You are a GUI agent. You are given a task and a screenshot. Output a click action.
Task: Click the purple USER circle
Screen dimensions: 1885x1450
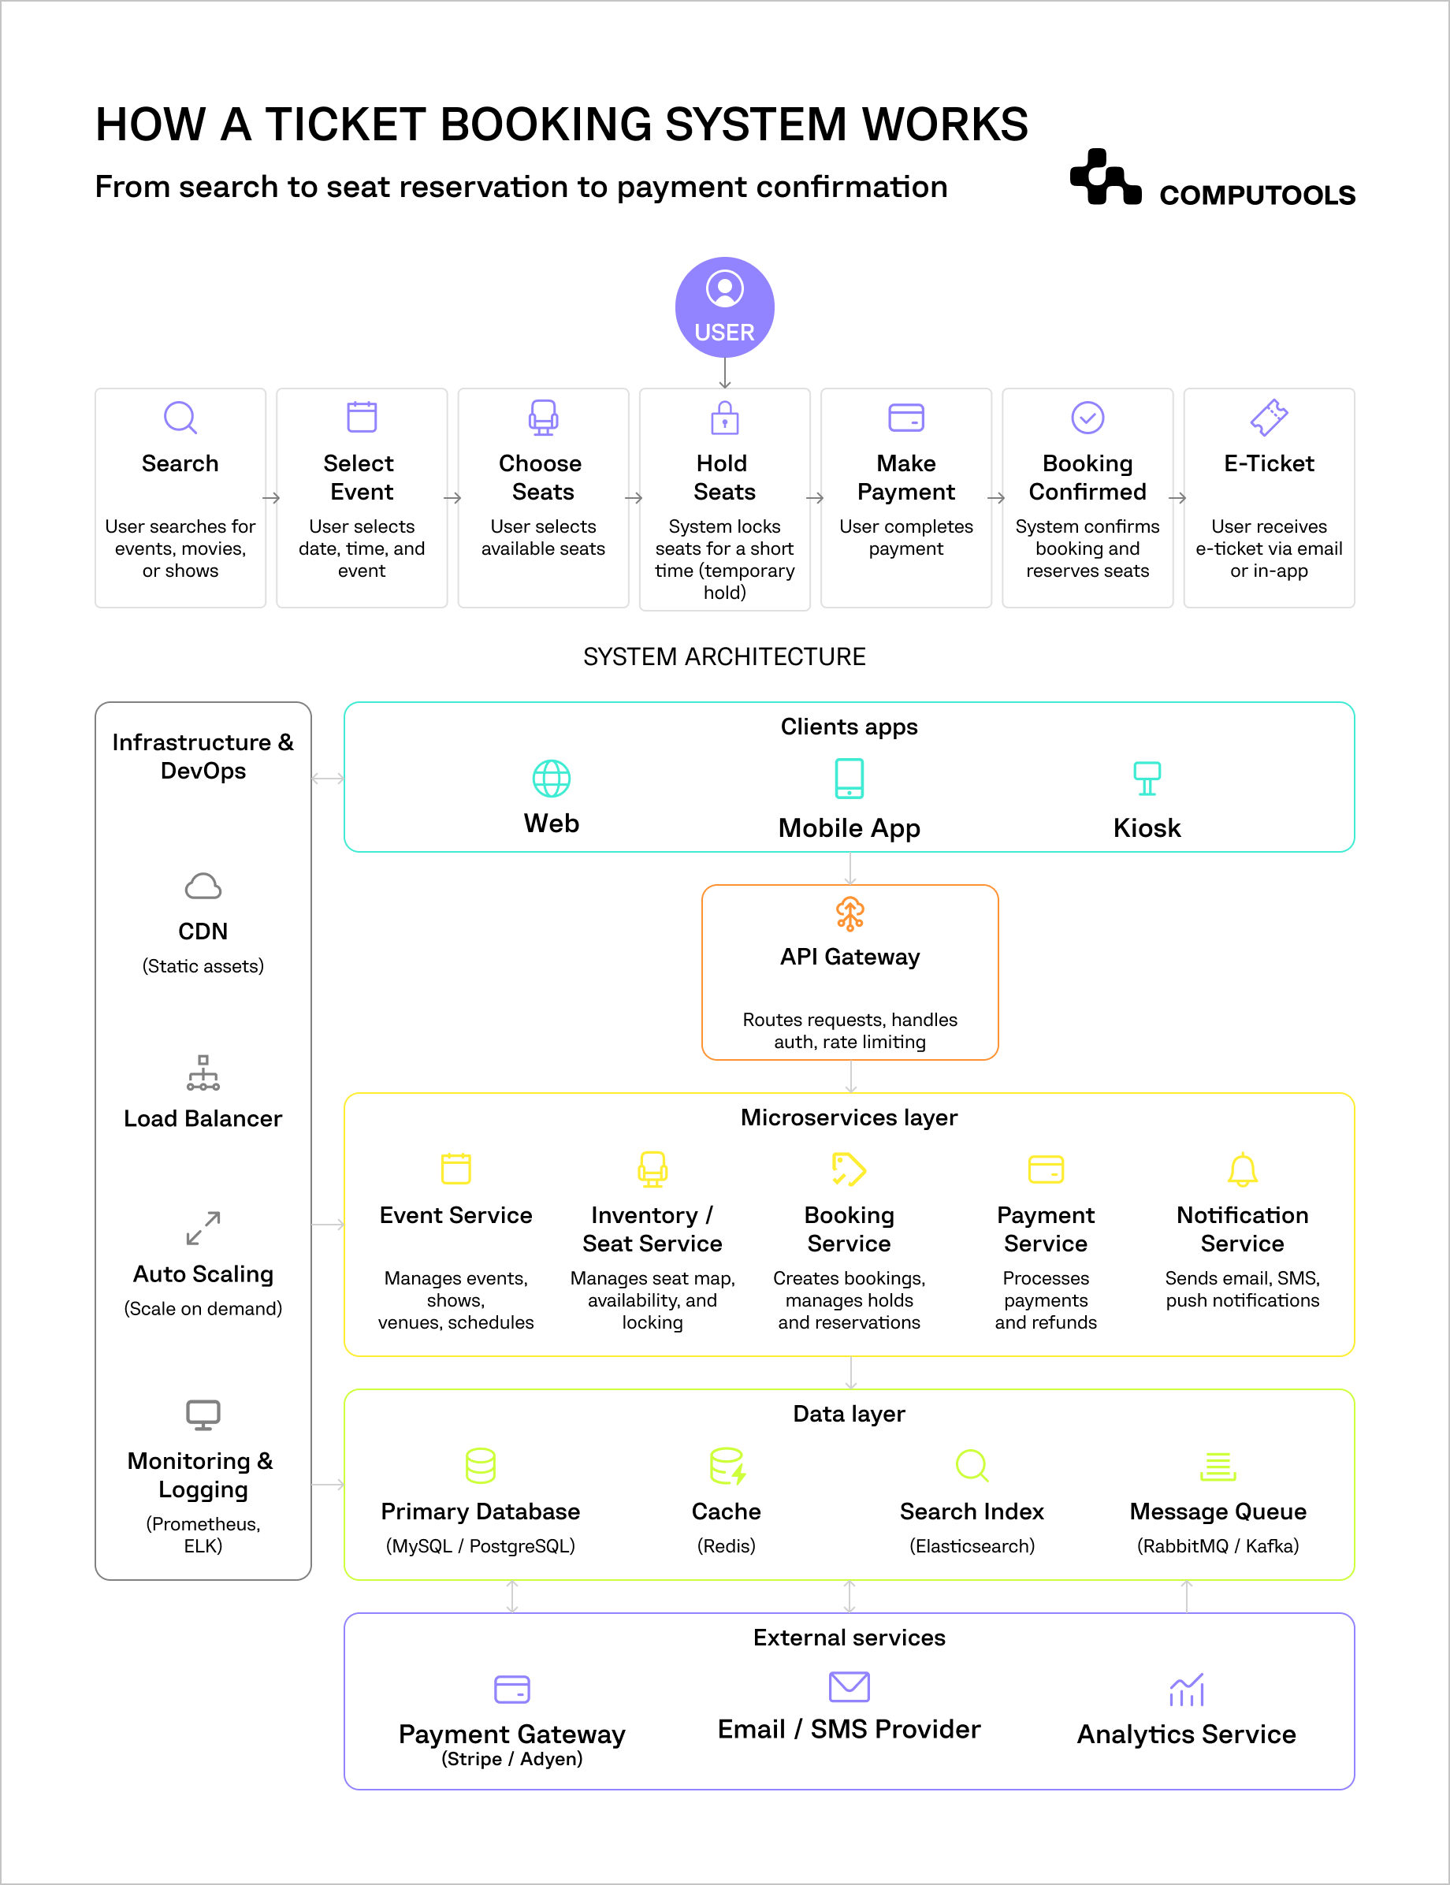724,307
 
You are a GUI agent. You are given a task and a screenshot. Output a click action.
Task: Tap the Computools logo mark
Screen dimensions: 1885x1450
1105,178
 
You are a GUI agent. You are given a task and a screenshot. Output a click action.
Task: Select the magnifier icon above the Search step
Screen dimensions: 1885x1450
180,418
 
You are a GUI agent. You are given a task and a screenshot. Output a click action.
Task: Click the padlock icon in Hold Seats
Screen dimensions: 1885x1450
724,418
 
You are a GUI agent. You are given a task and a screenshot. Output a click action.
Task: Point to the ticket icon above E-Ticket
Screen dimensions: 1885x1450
1269,418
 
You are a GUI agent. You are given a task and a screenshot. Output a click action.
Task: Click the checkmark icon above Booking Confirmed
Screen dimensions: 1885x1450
1087,418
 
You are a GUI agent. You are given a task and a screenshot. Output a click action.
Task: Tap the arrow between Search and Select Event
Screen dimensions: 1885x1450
271,498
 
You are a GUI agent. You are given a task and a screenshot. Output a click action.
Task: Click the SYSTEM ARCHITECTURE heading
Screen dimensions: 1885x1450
724,656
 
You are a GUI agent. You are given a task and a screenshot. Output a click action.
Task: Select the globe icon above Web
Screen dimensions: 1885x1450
552,779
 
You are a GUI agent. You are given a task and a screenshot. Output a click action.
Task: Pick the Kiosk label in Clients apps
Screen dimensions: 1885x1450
1146,827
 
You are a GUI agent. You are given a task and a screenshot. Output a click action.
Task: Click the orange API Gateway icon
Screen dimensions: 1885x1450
850,914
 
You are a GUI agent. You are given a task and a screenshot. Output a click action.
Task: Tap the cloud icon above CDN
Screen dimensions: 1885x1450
203,887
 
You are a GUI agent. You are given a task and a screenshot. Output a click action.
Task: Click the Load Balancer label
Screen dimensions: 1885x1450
203,1118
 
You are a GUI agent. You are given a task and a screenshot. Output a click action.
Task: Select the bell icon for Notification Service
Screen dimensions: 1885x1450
1242,1169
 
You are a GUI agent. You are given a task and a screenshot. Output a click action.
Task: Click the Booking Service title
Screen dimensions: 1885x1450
850,1229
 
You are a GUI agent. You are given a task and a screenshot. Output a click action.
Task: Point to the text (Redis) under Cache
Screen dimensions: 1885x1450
726,1546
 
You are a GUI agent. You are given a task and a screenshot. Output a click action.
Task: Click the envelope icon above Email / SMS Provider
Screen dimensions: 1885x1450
850,1686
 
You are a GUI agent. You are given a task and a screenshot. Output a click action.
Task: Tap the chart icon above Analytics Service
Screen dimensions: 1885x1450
1187,1689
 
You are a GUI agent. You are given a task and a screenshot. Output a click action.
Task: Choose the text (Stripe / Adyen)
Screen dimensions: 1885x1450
511,1759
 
